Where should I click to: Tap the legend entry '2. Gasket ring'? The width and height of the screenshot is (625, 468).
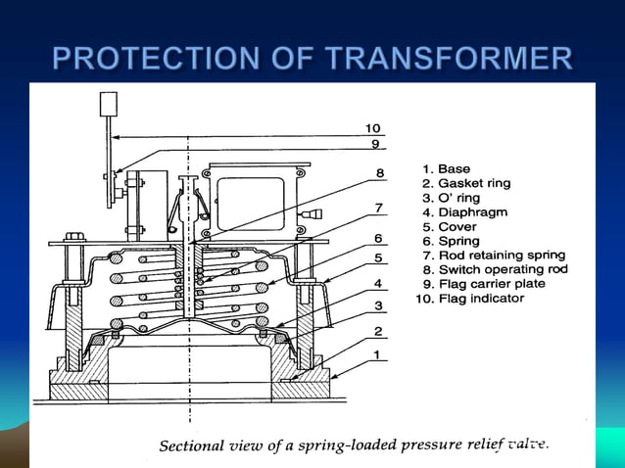click(466, 183)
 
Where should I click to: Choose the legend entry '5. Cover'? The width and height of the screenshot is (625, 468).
click(449, 226)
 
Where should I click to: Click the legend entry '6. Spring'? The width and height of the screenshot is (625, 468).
click(452, 241)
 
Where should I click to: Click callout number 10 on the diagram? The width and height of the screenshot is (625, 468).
click(373, 128)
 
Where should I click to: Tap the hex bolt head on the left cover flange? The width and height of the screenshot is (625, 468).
click(73, 237)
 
